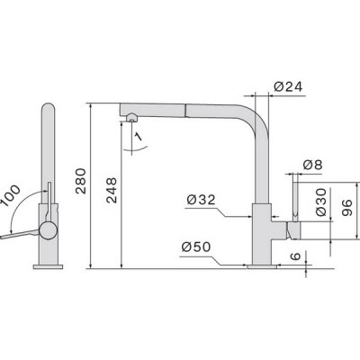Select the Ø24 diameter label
click(x=285, y=87)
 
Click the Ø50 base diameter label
click(x=197, y=247)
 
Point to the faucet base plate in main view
click(x=262, y=265)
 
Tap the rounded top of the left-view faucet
click(x=49, y=112)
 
